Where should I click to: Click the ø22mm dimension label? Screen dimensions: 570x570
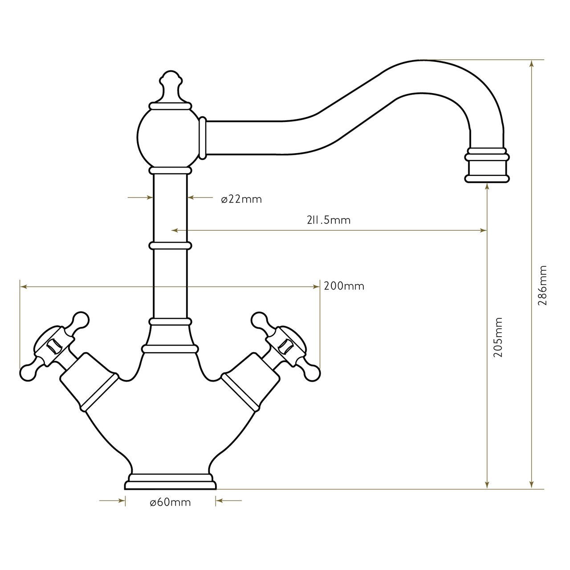coord(241,199)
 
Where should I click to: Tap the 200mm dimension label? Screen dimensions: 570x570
coord(344,286)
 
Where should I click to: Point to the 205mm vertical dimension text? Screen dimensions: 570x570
coord(498,337)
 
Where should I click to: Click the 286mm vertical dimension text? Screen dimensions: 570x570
coord(542,285)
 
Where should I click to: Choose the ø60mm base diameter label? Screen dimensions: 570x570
coord(170,502)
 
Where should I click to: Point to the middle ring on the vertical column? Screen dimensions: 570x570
coord(170,245)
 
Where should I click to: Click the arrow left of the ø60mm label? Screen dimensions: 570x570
coord(121,501)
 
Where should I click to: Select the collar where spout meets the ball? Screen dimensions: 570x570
coord(203,138)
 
